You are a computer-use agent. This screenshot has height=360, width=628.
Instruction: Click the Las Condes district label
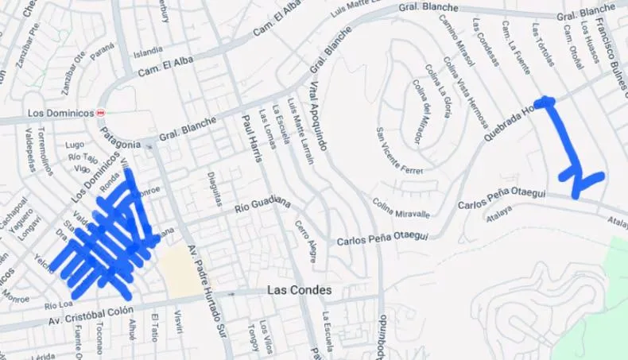pos(299,290)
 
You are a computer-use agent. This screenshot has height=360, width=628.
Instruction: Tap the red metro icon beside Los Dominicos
pos(100,113)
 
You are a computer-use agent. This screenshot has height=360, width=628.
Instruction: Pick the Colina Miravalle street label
pos(401,207)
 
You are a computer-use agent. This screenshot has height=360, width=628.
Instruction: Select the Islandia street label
pos(148,53)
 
